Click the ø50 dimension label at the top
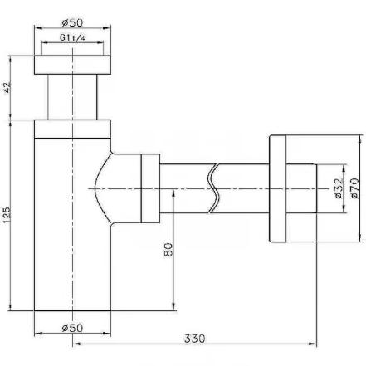(72, 22)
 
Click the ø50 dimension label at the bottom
(72, 328)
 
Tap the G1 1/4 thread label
(72, 37)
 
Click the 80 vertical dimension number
(168, 250)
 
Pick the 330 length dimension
(195, 339)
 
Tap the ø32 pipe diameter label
(339, 188)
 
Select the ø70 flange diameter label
(354, 188)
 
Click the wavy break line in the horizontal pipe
(214, 188)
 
